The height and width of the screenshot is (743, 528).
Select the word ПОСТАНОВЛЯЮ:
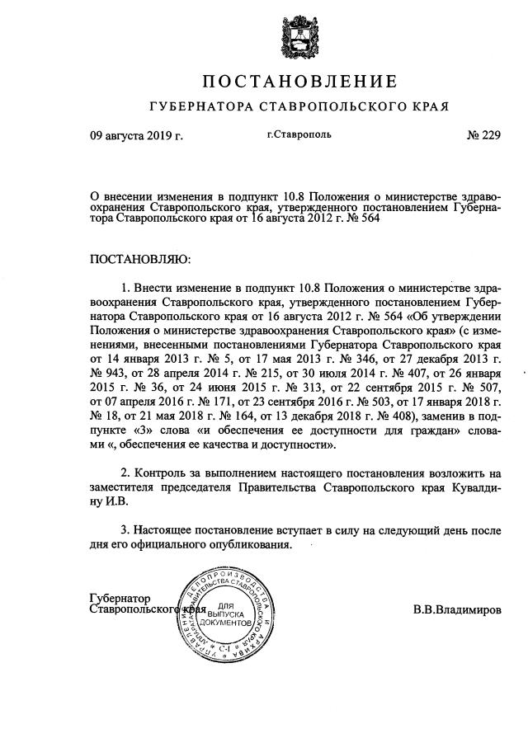tap(140, 260)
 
